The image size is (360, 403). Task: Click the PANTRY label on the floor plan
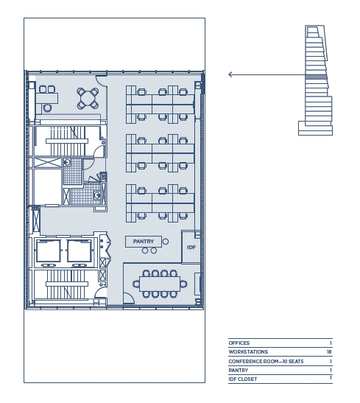144,242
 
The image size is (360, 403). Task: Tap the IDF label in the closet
191,248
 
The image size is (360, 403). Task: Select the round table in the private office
88,98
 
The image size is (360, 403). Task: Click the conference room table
160,284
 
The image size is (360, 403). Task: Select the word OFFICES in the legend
239,343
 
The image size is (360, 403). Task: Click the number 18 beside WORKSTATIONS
329,351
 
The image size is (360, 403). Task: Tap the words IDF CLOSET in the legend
243,379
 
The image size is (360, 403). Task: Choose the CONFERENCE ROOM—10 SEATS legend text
266,361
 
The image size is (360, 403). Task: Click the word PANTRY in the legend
239,370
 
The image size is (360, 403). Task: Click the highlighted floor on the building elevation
317,77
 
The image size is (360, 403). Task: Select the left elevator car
49,250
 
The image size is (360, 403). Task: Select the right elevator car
79,250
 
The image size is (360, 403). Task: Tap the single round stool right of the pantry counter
166,242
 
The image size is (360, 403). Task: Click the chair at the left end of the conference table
136,284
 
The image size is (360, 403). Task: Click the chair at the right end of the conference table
183,284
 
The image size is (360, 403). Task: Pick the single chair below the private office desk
48,108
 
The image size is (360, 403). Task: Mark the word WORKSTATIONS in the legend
248,351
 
